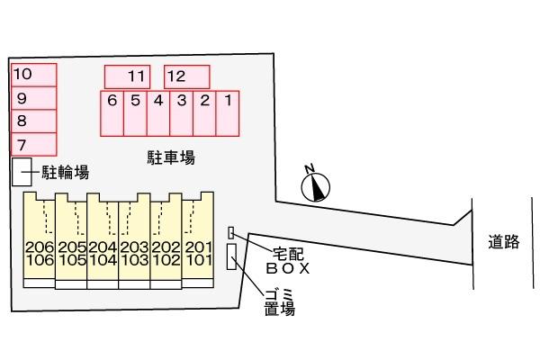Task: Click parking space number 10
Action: (x=33, y=74)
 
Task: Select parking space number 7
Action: (x=33, y=144)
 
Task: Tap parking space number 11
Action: (x=131, y=76)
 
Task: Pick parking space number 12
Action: (x=186, y=76)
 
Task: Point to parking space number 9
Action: (x=33, y=97)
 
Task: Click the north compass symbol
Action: (x=316, y=184)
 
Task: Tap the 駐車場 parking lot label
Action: (x=171, y=157)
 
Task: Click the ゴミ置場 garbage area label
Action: (x=280, y=304)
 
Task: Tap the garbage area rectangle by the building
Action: (x=232, y=256)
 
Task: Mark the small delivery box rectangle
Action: (x=230, y=232)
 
